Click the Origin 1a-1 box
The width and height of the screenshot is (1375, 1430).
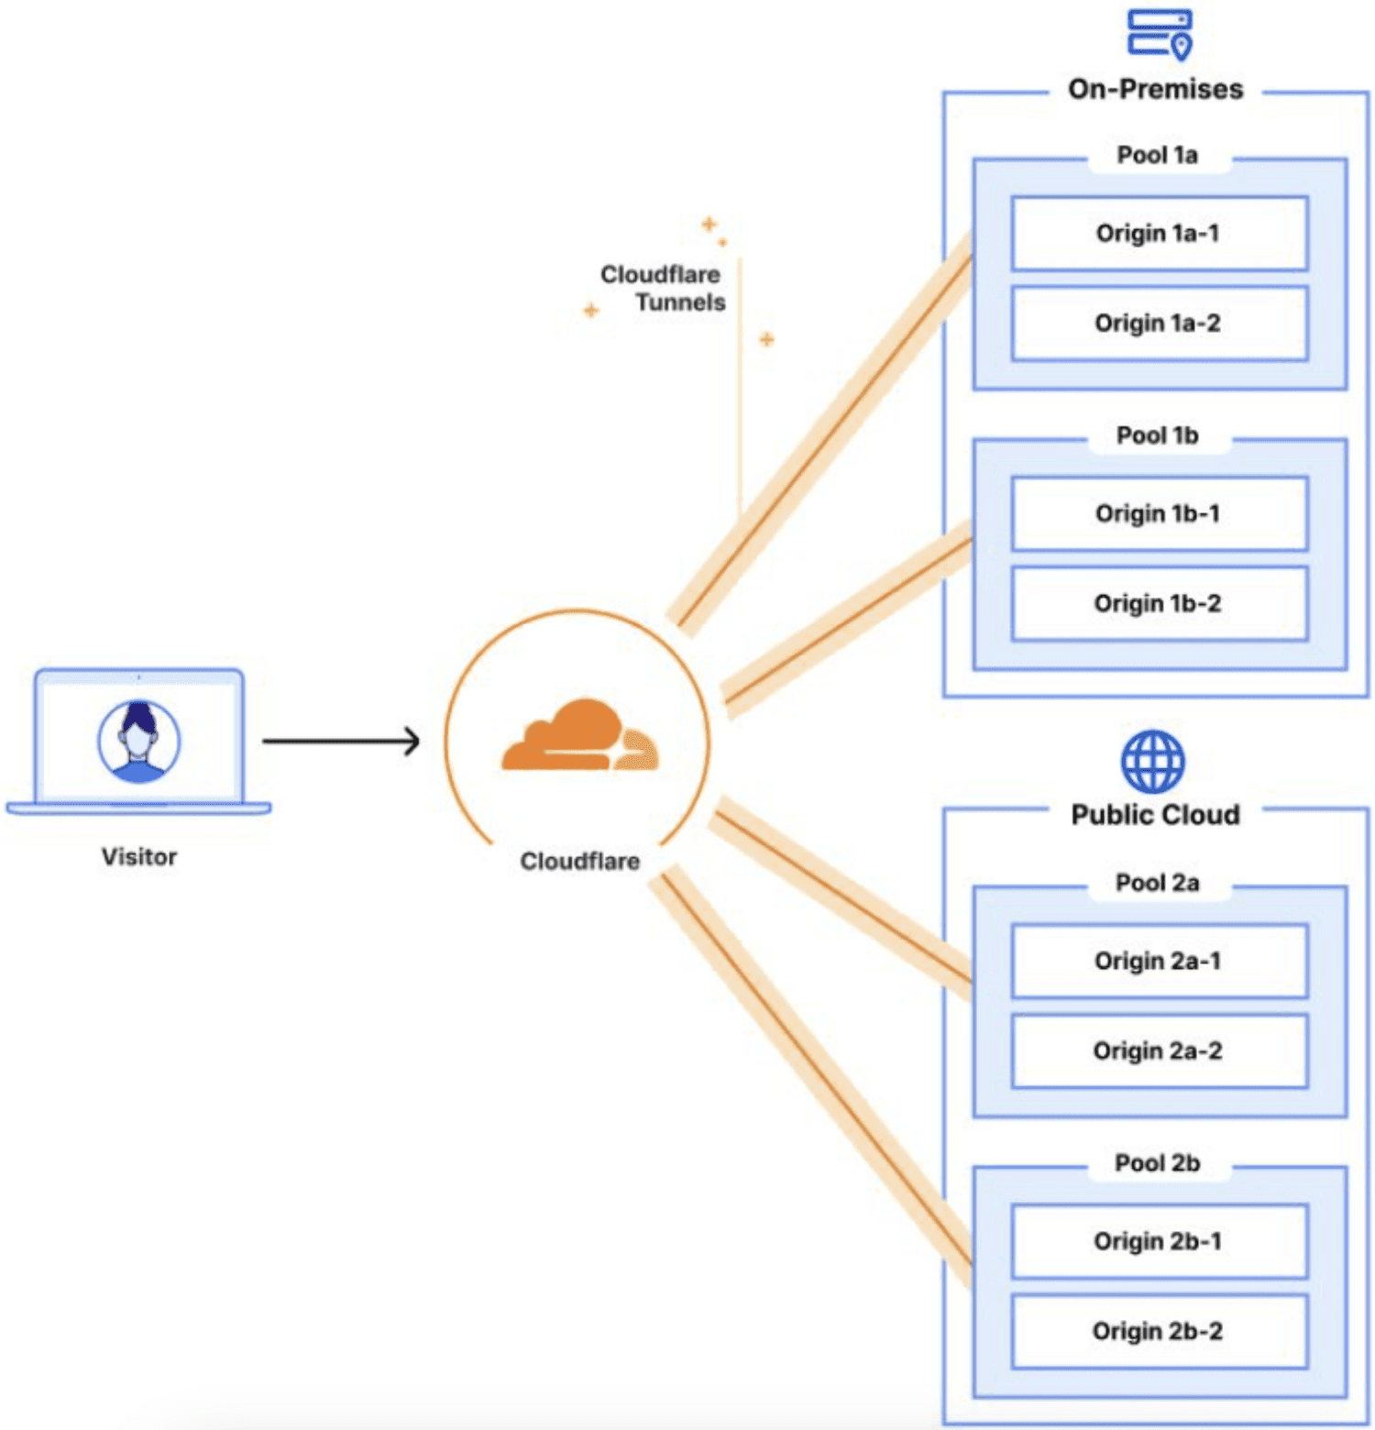point(1160,234)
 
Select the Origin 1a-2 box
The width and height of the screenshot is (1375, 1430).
point(1160,324)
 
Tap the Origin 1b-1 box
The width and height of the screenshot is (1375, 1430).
point(1160,513)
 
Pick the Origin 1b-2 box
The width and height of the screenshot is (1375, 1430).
point(1160,603)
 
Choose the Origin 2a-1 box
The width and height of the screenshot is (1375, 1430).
point(1160,961)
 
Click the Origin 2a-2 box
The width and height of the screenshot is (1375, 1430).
point(1160,1050)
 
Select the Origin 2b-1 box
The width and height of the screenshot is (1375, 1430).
point(1160,1241)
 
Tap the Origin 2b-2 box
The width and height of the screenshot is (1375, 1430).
point(1160,1331)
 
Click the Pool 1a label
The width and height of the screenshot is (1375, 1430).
point(1157,155)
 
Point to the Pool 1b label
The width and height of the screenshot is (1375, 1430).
point(1157,435)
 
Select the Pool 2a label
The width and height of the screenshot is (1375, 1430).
point(1157,883)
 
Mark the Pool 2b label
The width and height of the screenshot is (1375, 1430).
point(1157,1163)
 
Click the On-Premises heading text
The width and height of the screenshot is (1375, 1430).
point(1155,89)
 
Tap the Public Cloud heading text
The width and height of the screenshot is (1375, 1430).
point(1155,815)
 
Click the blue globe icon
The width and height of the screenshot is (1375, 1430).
point(1153,761)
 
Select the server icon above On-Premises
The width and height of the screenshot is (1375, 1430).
point(1160,33)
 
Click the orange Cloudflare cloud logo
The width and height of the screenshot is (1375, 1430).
point(579,734)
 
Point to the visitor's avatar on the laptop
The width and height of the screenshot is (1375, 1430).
point(139,741)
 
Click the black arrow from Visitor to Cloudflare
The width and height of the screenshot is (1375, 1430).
point(341,741)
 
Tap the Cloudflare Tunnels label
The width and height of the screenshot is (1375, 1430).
point(663,288)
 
